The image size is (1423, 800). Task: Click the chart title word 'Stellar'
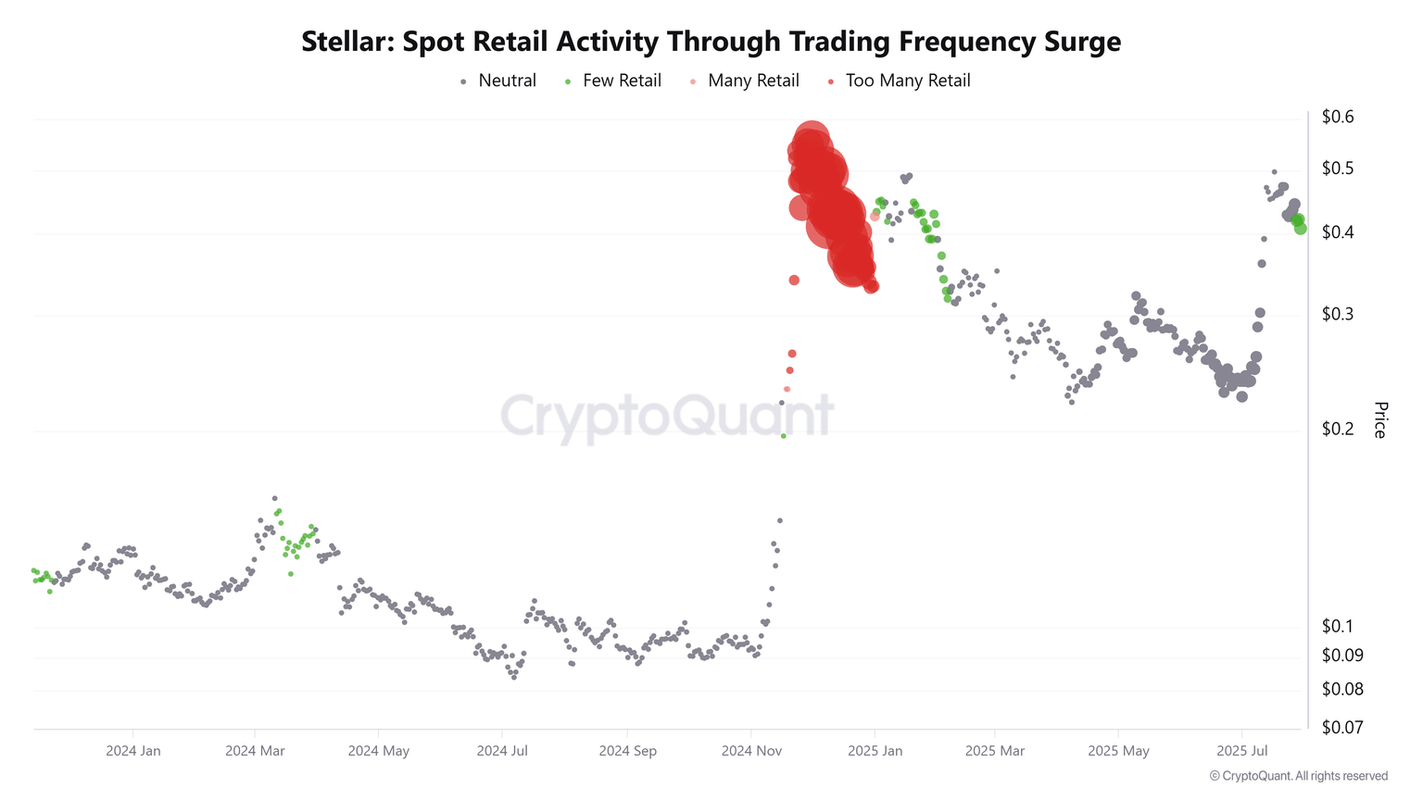[346, 42]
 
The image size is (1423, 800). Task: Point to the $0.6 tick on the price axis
[1337, 117]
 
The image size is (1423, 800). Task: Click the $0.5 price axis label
[1337, 169]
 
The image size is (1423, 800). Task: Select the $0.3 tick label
[1337, 314]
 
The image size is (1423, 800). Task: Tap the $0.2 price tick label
[1337, 429]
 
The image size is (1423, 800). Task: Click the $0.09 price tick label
[1341, 656]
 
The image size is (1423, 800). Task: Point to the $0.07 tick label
[1341, 727]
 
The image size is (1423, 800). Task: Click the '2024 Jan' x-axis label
[133, 750]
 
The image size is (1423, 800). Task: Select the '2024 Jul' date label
[502, 750]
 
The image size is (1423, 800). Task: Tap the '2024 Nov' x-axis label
[750, 750]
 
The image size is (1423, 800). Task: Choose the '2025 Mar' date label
[995, 750]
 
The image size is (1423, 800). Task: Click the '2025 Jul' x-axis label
[1242, 750]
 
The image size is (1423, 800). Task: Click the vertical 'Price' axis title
[1379, 419]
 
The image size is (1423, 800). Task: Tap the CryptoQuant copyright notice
[1298, 776]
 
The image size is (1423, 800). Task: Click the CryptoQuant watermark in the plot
[667, 416]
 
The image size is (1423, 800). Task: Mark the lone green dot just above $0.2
[783, 435]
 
